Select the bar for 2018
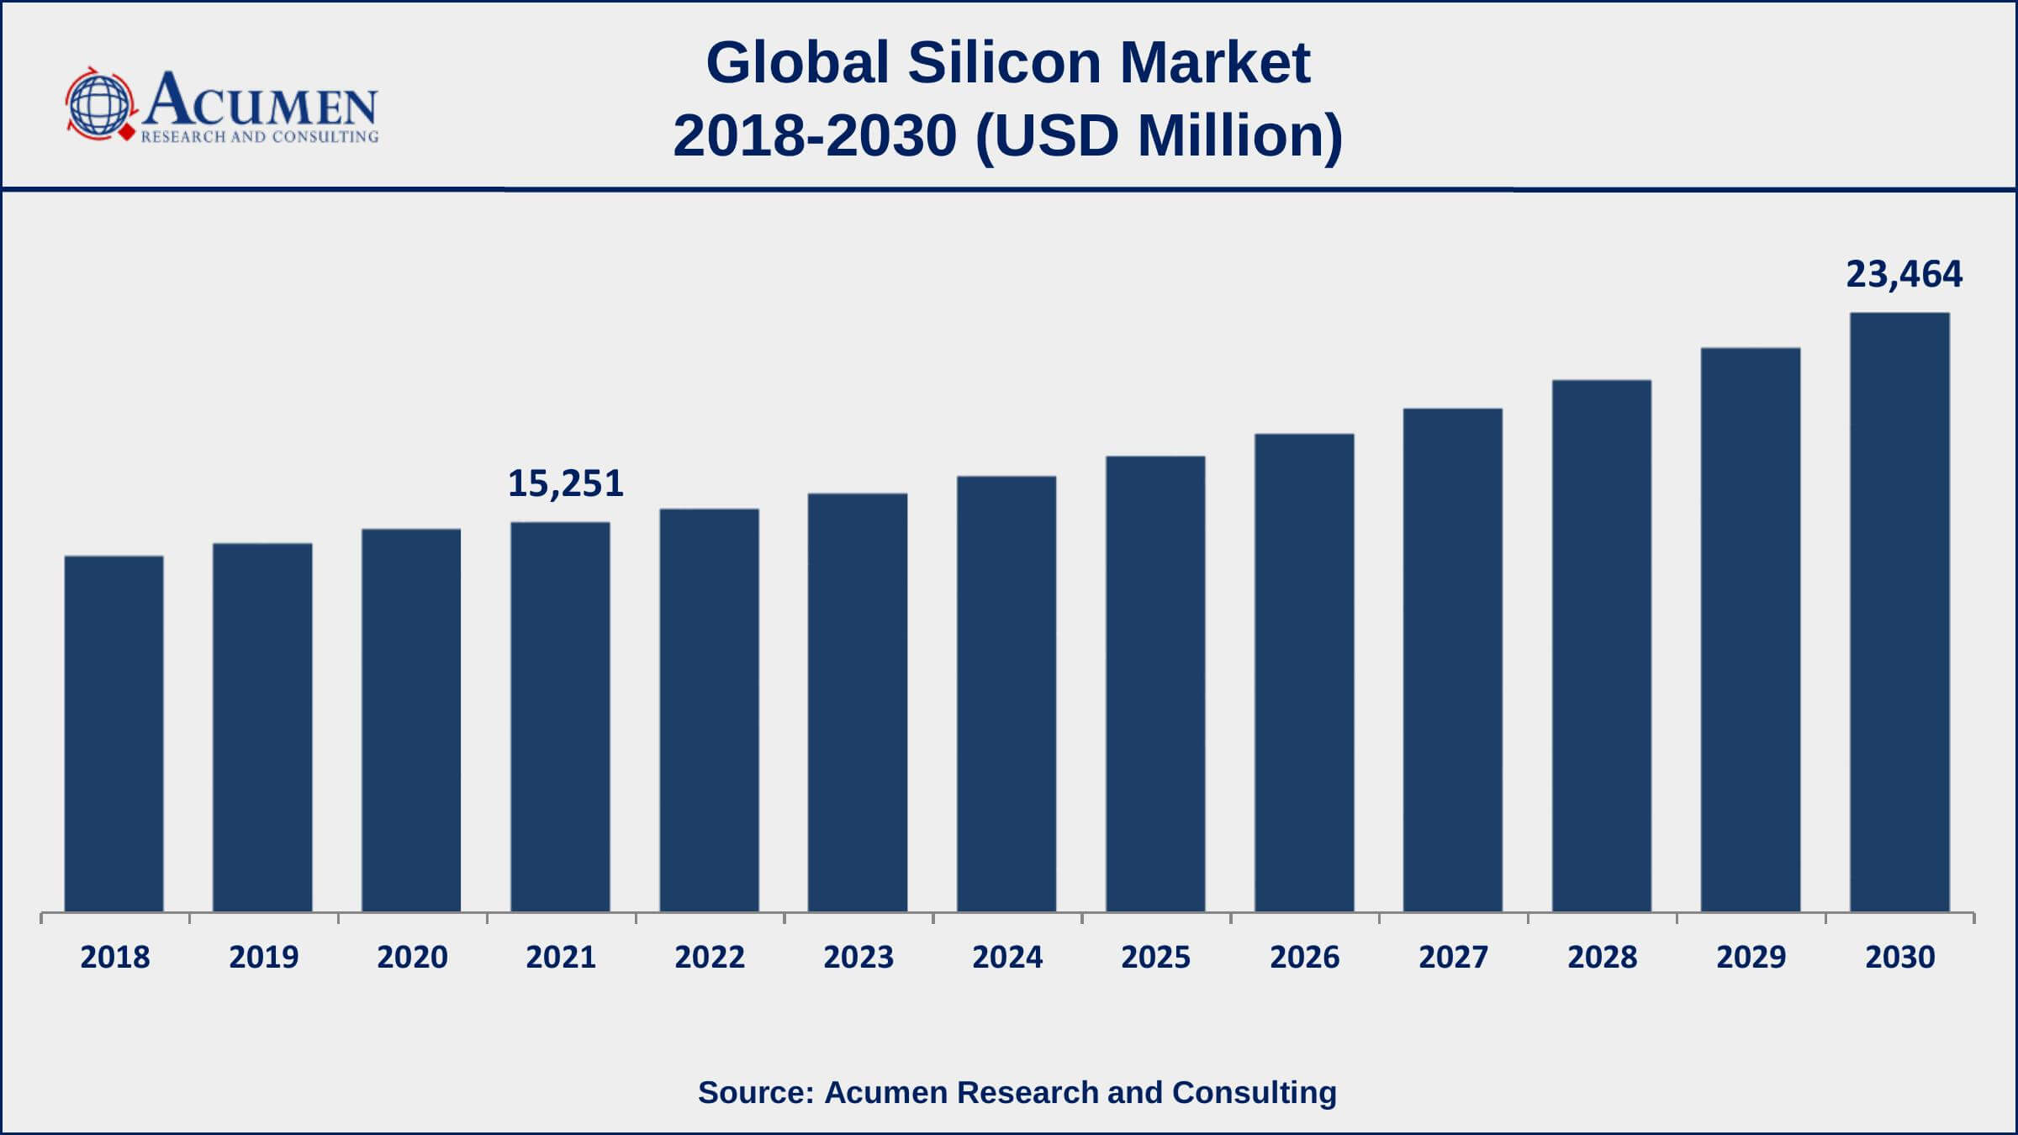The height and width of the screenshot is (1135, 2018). (114, 733)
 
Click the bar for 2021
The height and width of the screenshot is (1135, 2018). (560, 716)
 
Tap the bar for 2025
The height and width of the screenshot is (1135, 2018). (1155, 684)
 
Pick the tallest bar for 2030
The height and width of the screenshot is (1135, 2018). (1899, 612)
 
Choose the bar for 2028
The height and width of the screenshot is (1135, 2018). (1602, 646)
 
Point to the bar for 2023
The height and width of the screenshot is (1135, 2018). (858, 702)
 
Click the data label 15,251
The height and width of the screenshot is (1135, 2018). (566, 483)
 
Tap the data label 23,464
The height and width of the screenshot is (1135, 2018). (1904, 275)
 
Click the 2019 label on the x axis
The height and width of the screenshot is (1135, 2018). (264, 957)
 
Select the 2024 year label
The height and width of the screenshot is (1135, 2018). (1007, 957)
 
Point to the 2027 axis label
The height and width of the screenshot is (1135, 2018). (1453, 957)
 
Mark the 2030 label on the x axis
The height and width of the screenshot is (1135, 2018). (1899, 957)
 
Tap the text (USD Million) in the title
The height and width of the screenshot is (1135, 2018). (1159, 136)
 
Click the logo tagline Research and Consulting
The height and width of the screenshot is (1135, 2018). (260, 137)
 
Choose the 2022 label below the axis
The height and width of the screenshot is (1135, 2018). (710, 957)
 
